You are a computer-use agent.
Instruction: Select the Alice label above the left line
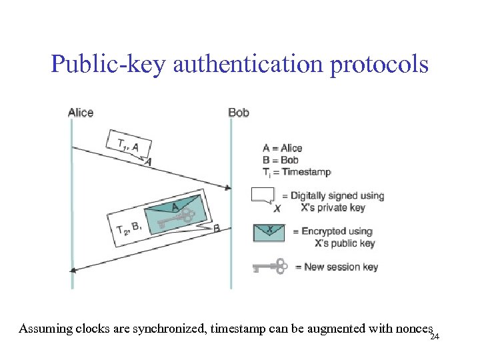[81, 113]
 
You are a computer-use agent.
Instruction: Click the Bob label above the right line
[238, 113]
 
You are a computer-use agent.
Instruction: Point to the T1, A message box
[128, 145]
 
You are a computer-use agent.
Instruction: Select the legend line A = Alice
[282, 148]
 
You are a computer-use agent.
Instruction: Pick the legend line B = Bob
[280, 160]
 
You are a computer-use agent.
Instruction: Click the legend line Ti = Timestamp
[296, 172]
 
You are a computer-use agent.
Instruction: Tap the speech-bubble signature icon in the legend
[263, 195]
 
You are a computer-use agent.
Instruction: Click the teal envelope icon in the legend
[269, 232]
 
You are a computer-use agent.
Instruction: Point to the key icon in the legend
[269, 267]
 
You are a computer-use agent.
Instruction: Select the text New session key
[341, 267]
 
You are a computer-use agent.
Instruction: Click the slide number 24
[435, 337]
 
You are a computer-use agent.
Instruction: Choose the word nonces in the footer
[413, 329]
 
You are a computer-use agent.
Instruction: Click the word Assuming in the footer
[41, 329]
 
